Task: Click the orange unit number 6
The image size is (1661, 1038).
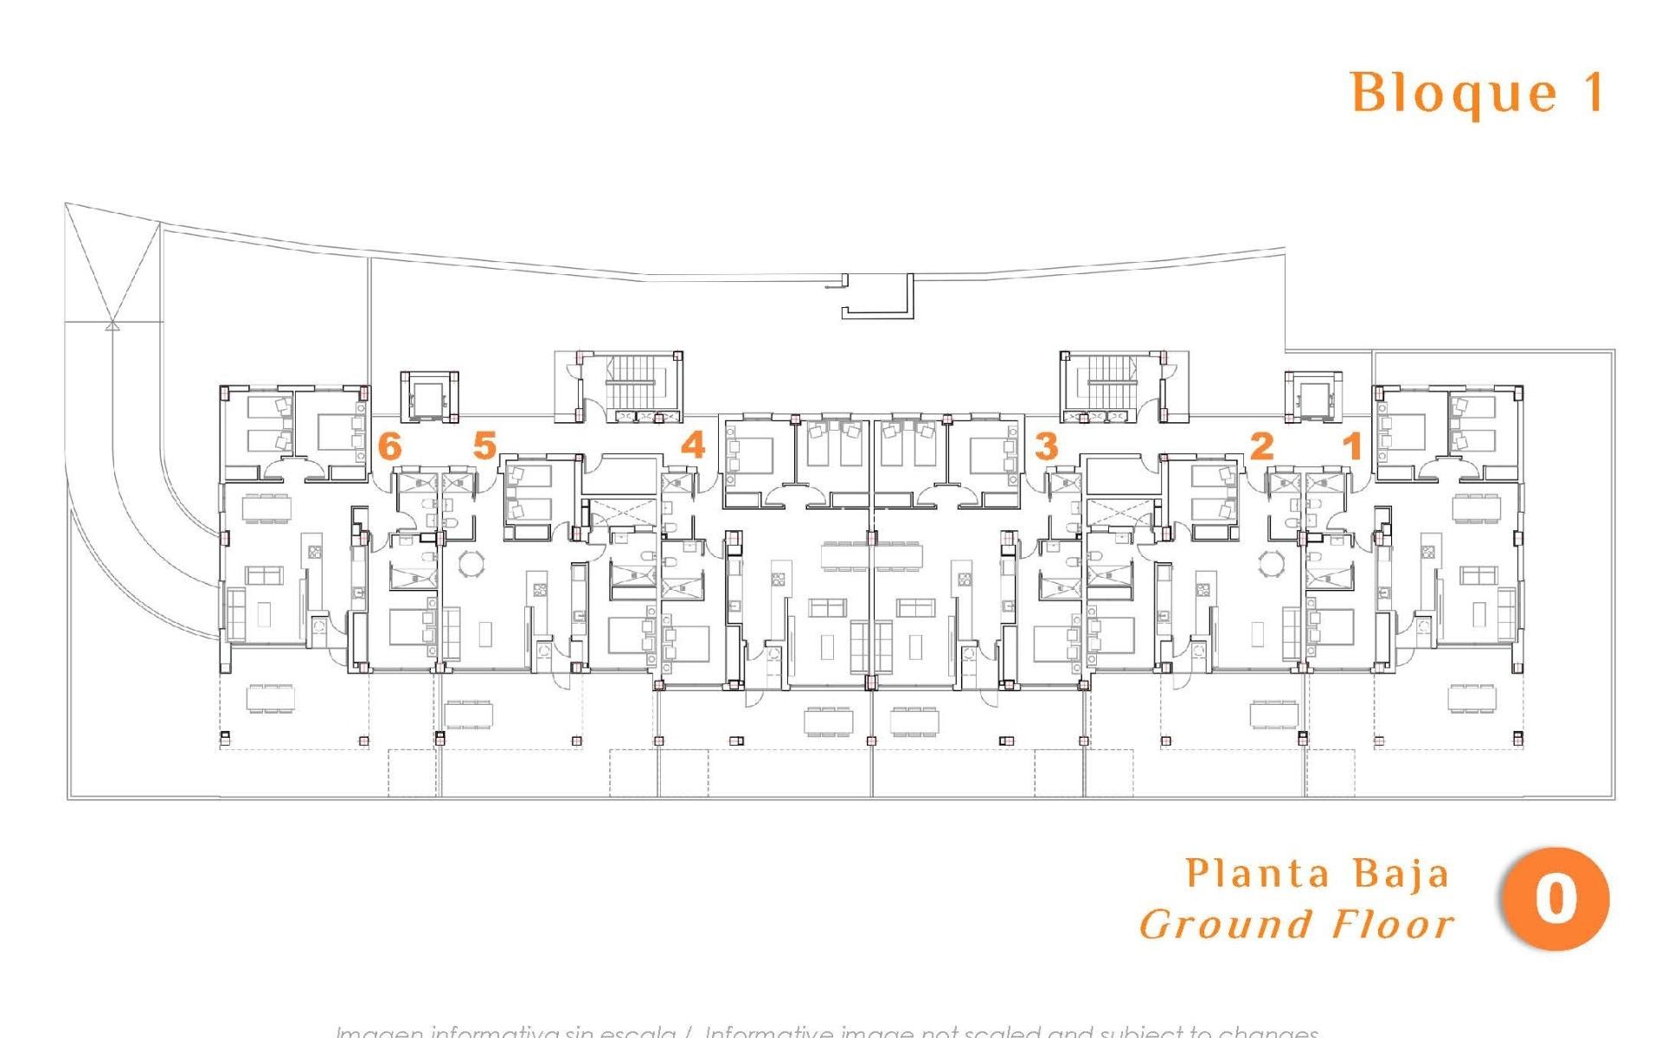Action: point(390,447)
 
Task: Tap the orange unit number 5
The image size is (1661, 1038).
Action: point(484,446)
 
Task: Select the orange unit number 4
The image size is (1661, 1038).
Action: point(693,445)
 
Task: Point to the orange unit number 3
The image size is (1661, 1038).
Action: point(1046,447)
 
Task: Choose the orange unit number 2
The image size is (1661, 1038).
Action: point(1262,446)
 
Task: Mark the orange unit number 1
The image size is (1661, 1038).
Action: point(1352,446)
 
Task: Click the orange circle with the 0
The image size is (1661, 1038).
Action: point(1556,900)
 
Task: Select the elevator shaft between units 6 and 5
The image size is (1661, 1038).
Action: point(428,397)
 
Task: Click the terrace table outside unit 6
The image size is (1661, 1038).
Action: point(270,697)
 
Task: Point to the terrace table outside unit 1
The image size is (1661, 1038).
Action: point(1472,697)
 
